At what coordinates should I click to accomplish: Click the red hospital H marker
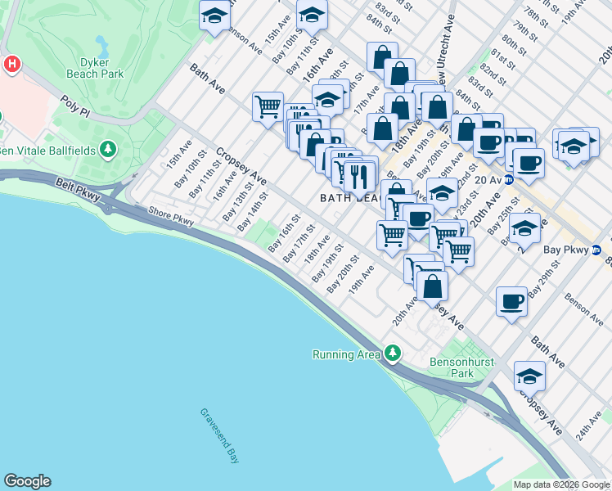(11, 63)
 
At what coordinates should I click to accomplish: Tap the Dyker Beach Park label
(101, 67)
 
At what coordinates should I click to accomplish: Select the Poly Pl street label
(74, 105)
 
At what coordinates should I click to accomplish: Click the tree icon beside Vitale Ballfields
(107, 149)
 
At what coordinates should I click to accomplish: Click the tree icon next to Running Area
(394, 353)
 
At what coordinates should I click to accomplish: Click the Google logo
(27, 481)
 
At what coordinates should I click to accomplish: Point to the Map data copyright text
(561, 484)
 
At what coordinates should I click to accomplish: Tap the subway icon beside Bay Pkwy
(596, 250)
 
